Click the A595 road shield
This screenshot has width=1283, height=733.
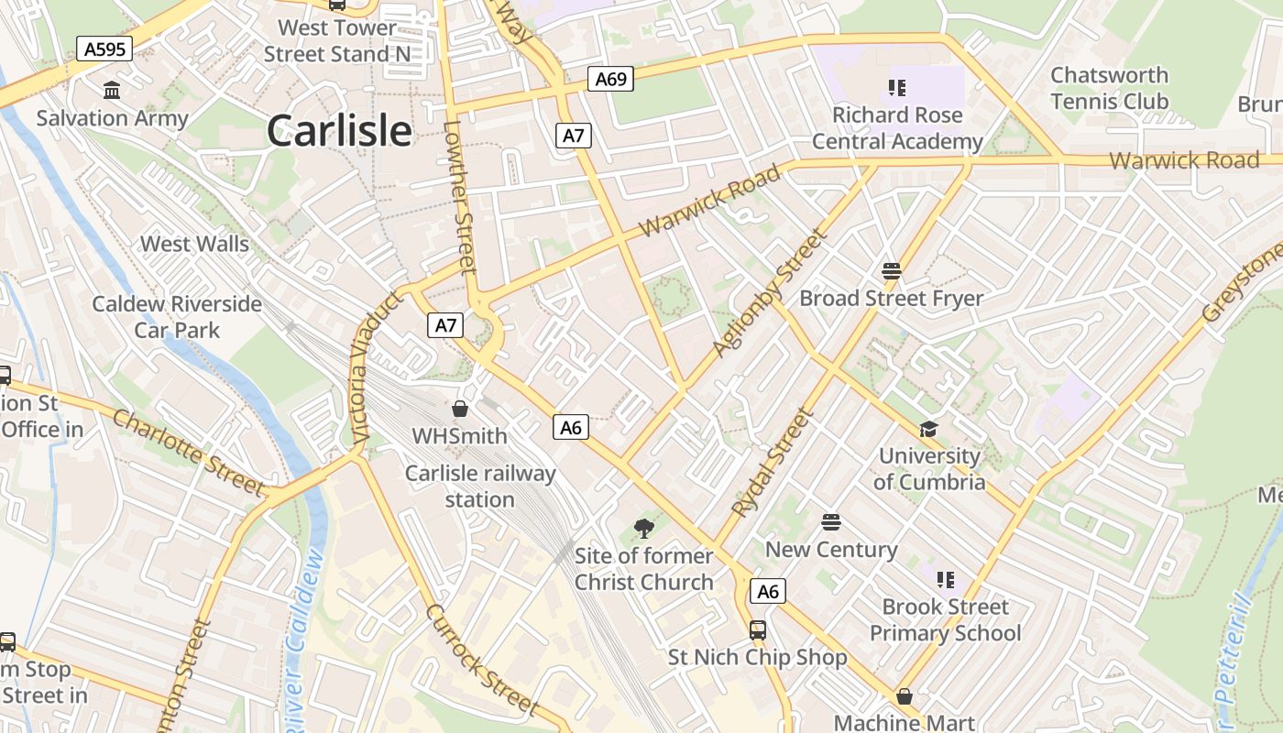point(104,49)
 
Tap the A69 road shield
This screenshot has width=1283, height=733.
point(610,79)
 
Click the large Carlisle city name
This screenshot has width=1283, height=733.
point(339,131)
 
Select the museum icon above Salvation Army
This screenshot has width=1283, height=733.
point(112,90)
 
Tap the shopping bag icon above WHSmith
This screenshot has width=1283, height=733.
point(460,409)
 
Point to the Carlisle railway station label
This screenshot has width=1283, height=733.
point(480,487)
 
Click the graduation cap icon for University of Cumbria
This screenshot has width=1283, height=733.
point(929,429)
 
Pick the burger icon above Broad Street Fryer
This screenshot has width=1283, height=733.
point(891,271)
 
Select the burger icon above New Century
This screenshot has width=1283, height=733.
point(831,523)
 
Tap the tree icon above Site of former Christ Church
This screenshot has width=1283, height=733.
point(643,528)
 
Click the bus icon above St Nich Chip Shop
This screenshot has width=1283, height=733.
point(757,630)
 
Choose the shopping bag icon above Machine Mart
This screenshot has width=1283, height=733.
point(905,696)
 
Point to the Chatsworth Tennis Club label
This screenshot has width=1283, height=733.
point(1109,88)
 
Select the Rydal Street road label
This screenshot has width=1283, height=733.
point(773,463)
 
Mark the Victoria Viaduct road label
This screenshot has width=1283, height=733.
point(376,369)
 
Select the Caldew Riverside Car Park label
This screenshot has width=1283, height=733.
point(177,317)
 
